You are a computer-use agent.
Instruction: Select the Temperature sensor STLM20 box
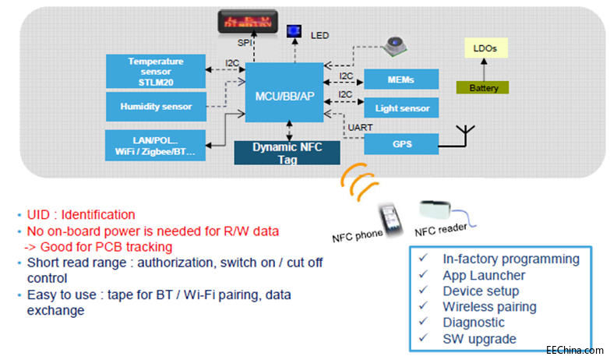tap(155, 71)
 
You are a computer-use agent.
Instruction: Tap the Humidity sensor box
tap(155, 106)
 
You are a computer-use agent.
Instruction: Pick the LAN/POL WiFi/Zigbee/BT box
tap(155, 145)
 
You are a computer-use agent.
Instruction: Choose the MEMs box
tap(401, 79)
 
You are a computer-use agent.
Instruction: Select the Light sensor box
tap(401, 108)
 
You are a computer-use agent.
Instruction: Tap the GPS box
tap(401, 143)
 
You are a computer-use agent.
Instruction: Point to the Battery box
tap(483, 88)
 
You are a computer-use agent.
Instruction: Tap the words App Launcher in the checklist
tap(483, 275)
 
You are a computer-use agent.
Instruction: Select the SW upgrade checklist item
tap(478, 338)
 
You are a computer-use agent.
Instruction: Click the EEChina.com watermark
tap(574, 349)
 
